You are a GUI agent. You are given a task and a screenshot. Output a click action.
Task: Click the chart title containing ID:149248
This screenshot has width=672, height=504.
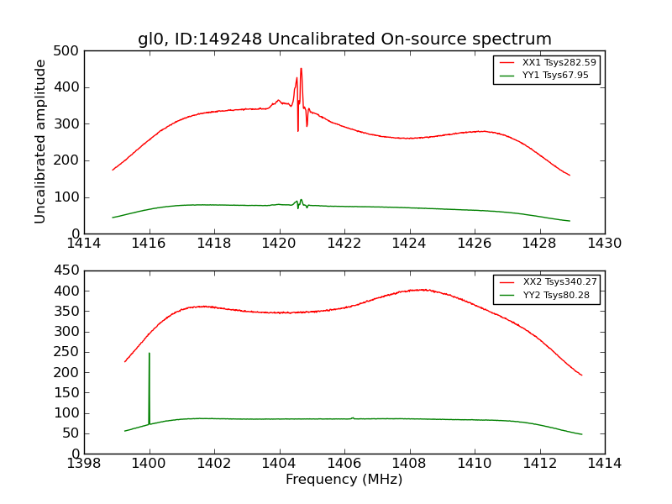tap(344, 39)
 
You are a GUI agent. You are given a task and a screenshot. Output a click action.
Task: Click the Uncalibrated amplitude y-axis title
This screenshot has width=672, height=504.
tap(40, 141)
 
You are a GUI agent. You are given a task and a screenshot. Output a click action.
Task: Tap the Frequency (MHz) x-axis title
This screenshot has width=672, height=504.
tap(344, 480)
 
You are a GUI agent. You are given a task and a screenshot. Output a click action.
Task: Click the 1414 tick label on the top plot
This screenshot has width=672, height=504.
tap(85, 244)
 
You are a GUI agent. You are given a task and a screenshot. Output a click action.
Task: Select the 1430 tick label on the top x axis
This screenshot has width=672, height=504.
tap(604, 244)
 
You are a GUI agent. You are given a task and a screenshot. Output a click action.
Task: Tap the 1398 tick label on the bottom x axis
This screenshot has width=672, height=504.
tap(85, 464)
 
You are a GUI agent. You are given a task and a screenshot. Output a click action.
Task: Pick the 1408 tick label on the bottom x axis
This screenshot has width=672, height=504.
tap(409, 464)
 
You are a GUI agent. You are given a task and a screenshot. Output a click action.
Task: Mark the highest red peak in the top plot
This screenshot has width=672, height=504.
tap(301, 70)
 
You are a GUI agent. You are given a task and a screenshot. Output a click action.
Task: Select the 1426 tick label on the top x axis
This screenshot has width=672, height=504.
tap(474, 244)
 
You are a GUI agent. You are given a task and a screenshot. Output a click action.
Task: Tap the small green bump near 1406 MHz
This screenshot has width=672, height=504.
tap(353, 417)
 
